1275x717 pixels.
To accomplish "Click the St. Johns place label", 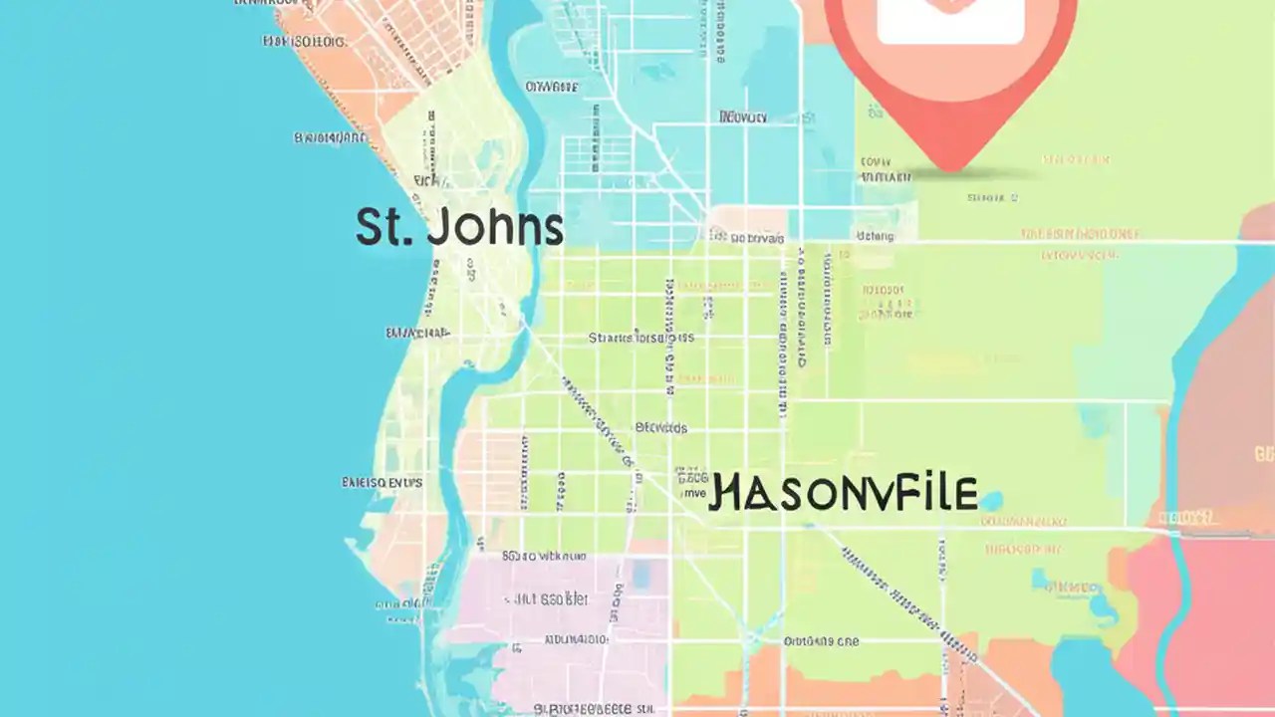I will (x=459, y=227).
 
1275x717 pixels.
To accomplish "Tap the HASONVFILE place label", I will (x=843, y=494).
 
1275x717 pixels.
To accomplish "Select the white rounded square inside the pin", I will (x=951, y=20).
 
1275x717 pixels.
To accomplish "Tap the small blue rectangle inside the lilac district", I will (x=640, y=573).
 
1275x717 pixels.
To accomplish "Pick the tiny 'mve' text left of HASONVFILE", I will (x=690, y=492).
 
